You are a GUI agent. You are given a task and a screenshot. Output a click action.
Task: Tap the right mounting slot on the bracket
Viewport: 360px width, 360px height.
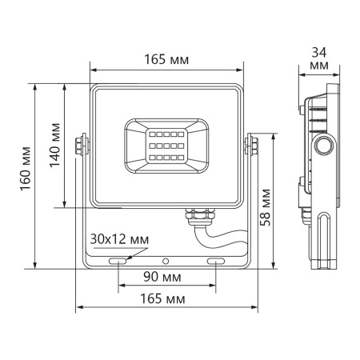[x=217, y=261]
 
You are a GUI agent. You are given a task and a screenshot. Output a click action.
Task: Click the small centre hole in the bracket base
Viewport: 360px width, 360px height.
[x=166, y=261]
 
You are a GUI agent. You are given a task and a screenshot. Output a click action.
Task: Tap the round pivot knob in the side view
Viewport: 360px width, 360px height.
[x=325, y=146]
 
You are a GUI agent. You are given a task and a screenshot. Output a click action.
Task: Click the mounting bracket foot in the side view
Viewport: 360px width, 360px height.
[x=325, y=240]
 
